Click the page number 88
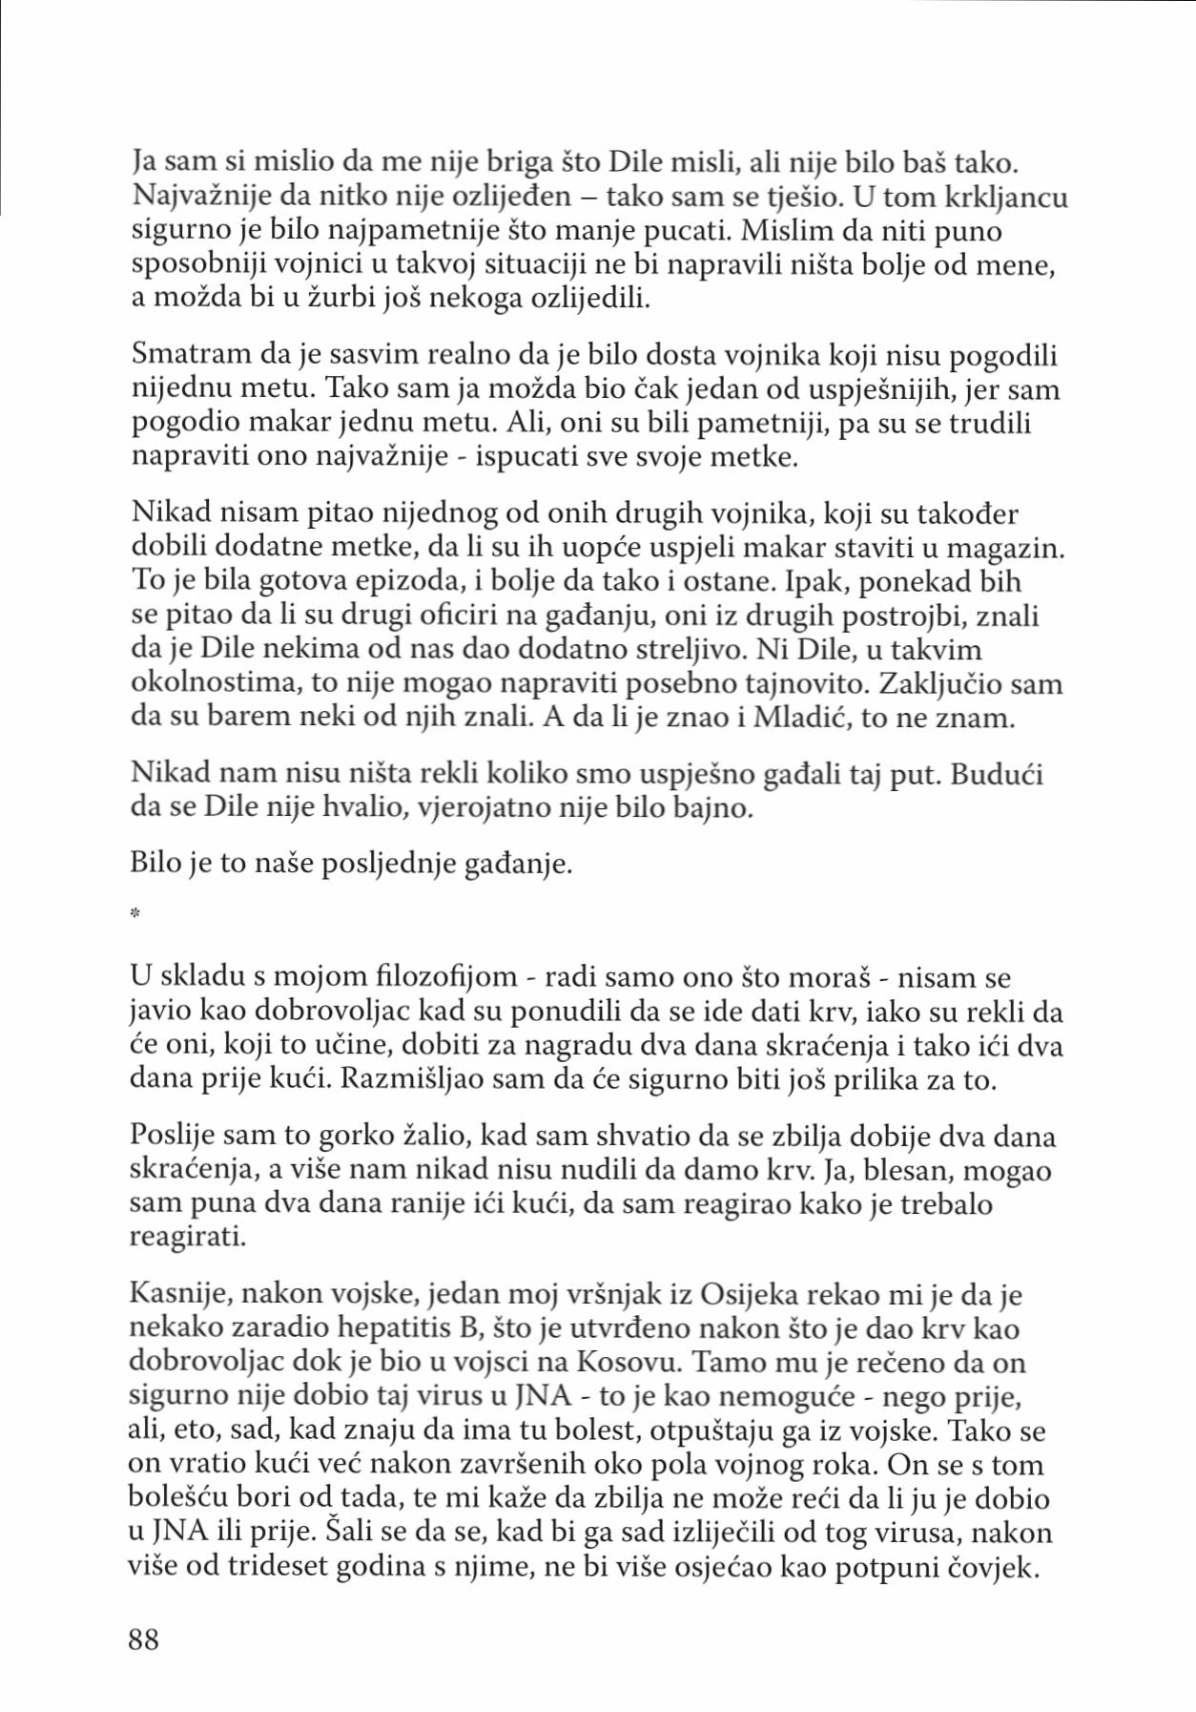click(x=144, y=1639)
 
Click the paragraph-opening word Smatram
click(x=190, y=355)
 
